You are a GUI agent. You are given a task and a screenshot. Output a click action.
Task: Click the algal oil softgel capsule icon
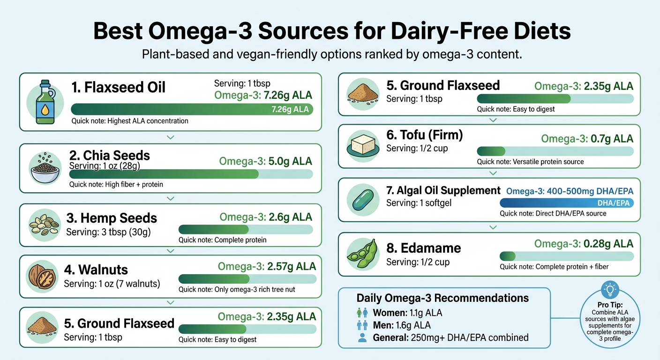361,200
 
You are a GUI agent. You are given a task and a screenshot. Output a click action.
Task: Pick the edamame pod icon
361,254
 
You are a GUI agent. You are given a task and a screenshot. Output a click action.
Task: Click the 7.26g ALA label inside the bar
291,110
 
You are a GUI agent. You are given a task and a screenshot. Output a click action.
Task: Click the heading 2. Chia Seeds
110,156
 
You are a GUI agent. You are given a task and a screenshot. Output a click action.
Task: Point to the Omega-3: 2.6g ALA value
266,217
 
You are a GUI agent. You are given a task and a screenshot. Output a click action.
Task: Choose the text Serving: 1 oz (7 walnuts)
112,284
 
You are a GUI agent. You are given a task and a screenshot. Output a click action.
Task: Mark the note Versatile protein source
530,162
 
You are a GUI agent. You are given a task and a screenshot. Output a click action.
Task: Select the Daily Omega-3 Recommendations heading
442,298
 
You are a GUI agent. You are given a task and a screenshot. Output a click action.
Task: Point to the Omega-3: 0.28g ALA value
584,244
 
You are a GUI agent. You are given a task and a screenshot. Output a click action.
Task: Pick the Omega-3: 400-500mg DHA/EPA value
570,191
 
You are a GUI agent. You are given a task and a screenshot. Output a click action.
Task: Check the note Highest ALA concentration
130,121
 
